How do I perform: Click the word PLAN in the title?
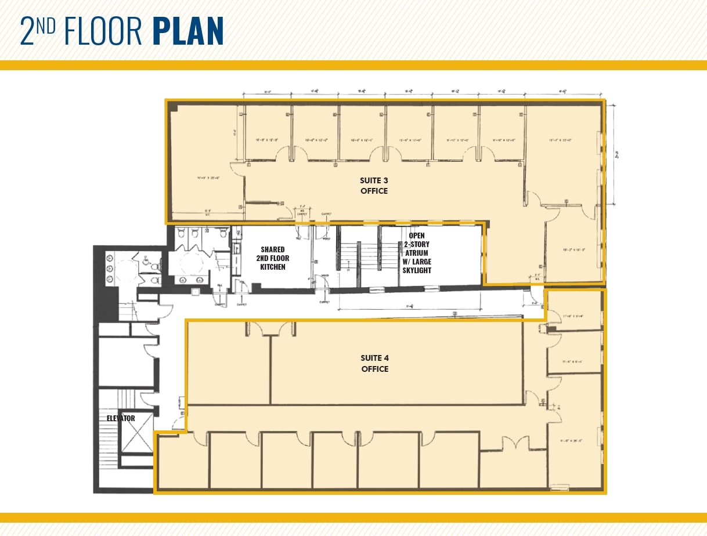189,31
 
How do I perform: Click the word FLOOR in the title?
103,31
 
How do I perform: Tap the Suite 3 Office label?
374,186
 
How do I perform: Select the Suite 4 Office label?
374,364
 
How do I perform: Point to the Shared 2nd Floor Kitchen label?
272,258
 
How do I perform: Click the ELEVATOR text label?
121,418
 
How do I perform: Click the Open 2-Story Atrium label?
416,253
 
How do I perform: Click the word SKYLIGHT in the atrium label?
416,270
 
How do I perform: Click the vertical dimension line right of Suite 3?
614,154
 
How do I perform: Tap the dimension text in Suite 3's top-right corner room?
561,140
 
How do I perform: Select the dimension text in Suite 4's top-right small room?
573,316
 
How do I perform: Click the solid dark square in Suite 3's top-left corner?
173,107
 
